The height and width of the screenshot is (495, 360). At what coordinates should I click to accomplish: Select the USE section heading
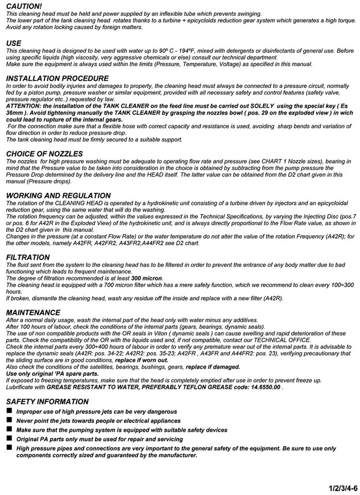pos(14,43)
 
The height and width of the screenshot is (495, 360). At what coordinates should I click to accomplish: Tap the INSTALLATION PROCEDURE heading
pos(57,78)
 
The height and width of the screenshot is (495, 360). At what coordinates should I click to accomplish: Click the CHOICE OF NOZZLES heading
pos(44,154)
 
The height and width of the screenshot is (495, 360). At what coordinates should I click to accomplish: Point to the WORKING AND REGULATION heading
pos(58,196)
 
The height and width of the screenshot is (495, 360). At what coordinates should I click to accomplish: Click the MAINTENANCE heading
pos(33,313)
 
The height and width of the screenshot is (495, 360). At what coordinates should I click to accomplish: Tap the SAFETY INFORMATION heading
pos(48,402)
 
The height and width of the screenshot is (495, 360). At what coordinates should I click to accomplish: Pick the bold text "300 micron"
pos(146,278)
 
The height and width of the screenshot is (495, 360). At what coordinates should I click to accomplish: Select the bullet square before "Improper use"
pos(10,411)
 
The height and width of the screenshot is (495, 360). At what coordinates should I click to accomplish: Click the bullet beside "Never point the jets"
pos(10,421)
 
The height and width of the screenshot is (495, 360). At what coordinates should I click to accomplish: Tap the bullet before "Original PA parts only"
pos(10,439)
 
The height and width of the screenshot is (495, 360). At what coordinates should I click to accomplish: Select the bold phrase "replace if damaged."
pos(213,367)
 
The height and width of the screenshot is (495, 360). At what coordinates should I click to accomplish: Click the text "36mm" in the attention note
pos(15,113)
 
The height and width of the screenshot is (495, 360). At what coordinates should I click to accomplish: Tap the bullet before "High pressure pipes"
pos(10,448)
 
